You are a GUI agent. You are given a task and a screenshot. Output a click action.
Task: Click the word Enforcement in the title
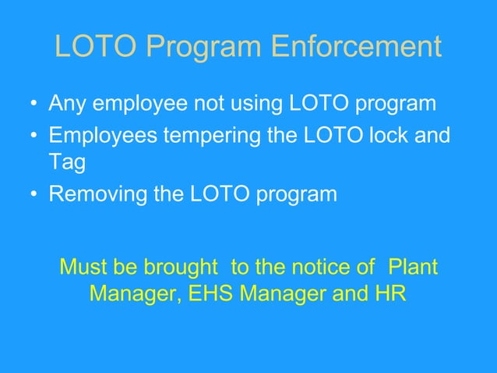coord(356,48)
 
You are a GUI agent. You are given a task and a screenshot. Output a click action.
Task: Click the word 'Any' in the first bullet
coord(67,104)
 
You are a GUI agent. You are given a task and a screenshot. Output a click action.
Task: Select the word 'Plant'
coord(413,268)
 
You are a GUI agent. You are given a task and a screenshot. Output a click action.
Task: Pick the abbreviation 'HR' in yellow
coord(389,297)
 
